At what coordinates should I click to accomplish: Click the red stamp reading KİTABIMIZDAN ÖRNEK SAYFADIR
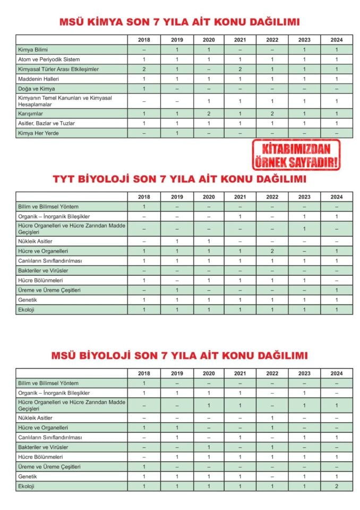tap(296, 155)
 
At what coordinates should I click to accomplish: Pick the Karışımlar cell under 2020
tap(208, 114)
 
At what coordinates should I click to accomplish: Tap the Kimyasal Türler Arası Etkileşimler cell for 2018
tap(144, 69)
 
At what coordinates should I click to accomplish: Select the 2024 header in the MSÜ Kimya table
tap(336, 40)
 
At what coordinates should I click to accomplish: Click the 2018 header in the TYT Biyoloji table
tap(144, 197)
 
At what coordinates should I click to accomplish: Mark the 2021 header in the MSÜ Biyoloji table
tap(240, 373)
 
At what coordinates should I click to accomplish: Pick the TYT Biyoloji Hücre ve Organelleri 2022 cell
tap(272, 251)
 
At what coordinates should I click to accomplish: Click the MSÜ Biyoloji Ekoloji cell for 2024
tap(336, 487)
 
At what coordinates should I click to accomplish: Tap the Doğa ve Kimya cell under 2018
tap(144, 89)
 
